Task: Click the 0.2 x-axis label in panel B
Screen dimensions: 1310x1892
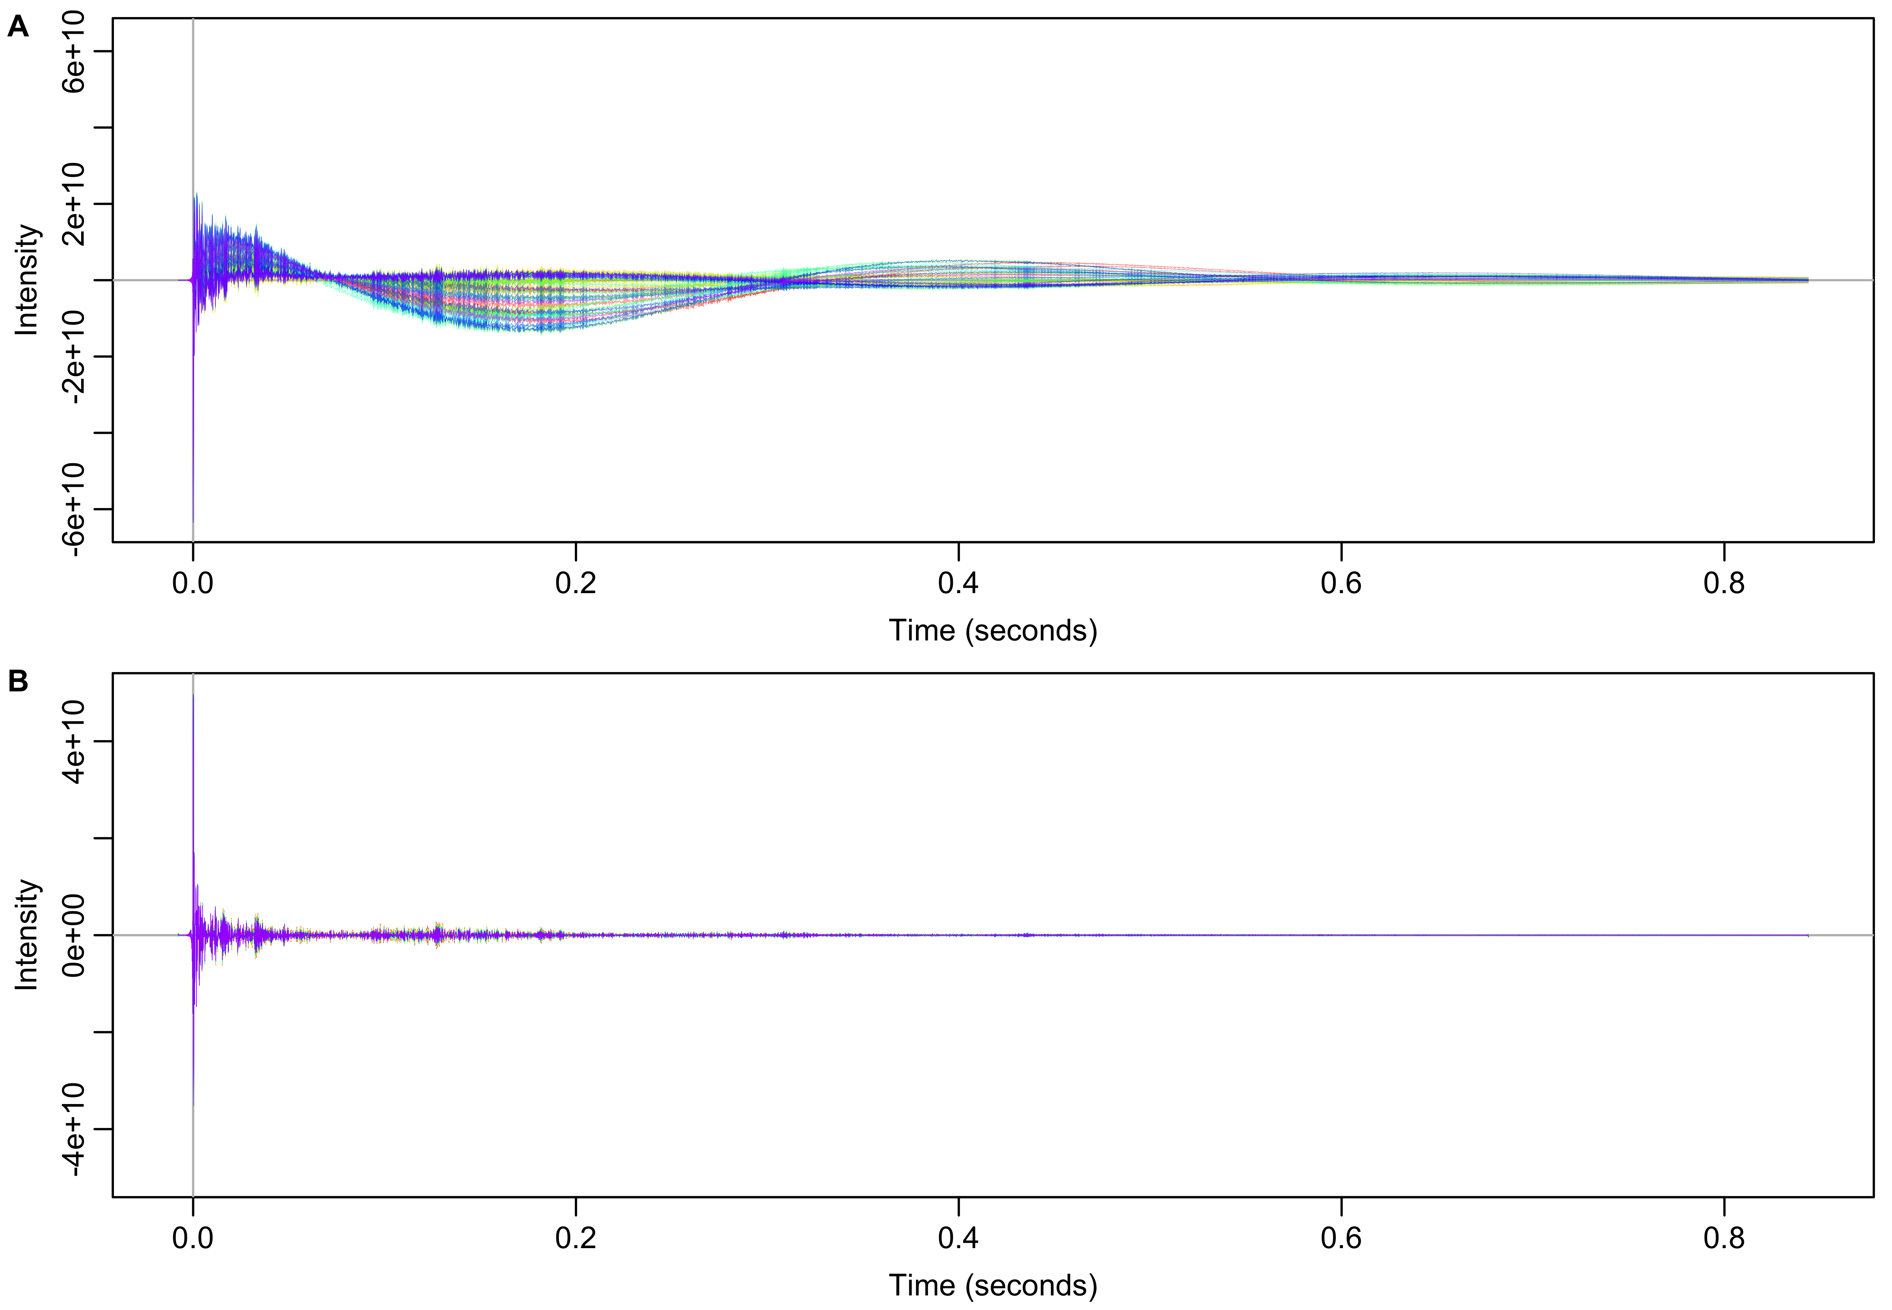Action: click(576, 1238)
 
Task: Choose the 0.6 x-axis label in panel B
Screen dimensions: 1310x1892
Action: click(1342, 1238)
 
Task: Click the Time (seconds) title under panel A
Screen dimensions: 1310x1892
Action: click(993, 630)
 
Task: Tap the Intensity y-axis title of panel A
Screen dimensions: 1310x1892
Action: click(27, 280)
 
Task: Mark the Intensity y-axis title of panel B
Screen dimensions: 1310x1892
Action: click(27, 935)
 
